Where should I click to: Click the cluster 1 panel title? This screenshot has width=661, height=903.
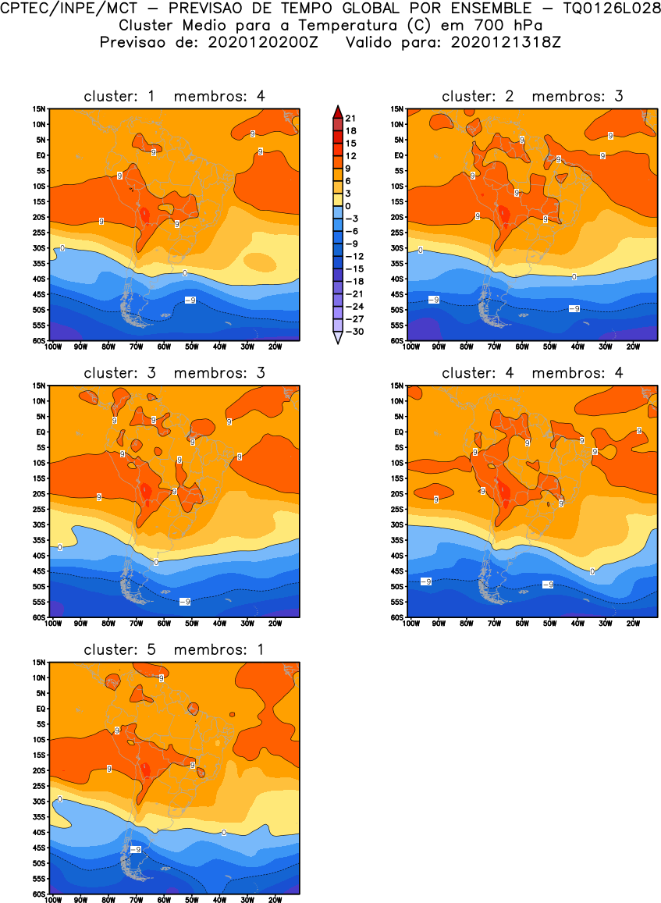click(174, 96)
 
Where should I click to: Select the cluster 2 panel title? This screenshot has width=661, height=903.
click(532, 96)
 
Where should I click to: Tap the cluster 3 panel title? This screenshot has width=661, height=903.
click(174, 373)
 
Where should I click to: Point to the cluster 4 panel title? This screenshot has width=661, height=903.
click(532, 373)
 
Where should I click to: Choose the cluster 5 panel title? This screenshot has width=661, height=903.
click(174, 649)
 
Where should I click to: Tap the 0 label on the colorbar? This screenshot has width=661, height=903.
click(348, 206)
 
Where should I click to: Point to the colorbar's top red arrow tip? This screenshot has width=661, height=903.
click(336, 108)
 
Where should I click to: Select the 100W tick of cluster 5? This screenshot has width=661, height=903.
click(53, 899)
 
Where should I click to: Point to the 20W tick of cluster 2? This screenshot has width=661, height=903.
click(633, 346)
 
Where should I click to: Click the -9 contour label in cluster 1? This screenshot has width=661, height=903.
click(190, 300)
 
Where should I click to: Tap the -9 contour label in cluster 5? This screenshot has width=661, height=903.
click(134, 849)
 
